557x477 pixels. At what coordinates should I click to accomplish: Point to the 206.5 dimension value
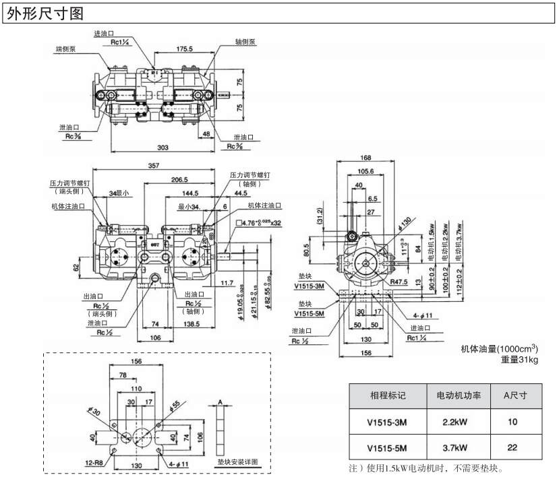click(179, 181)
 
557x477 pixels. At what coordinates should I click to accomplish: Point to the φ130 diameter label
click(405, 222)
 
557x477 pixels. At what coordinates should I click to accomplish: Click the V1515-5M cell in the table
click(388, 447)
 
